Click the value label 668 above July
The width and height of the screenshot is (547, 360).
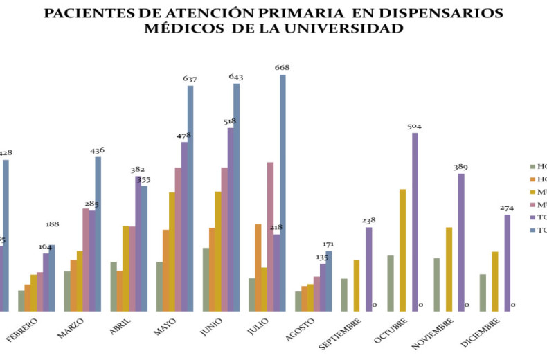coord(282,68)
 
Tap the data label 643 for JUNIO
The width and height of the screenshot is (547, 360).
coord(236,77)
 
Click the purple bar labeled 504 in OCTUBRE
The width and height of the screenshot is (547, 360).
coord(415,222)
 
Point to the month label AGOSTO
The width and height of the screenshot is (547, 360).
coord(301,327)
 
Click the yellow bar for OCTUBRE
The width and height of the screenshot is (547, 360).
coord(402,250)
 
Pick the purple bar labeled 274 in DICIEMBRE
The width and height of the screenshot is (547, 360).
coord(507,262)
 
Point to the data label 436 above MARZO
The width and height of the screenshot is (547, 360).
coord(98,150)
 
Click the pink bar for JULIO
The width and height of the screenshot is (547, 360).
coord(271,236)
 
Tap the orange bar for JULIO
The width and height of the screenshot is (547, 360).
coord(258,267)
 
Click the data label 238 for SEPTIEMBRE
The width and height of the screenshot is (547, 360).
coord(368,221)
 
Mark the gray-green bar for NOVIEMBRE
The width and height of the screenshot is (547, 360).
coord(437,285)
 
